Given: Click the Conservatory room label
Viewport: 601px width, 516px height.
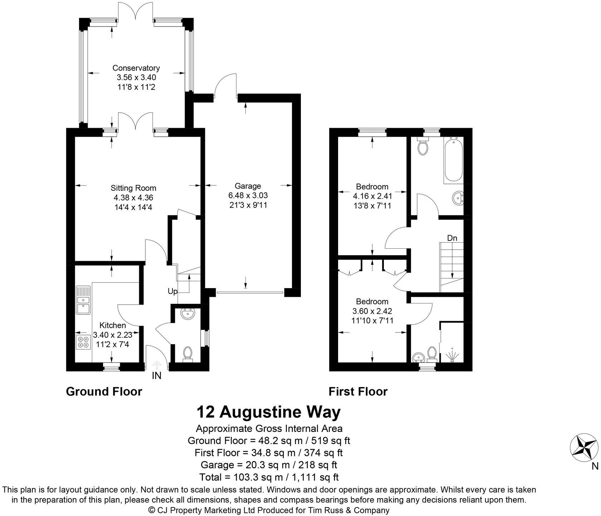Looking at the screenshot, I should tap(136, 68).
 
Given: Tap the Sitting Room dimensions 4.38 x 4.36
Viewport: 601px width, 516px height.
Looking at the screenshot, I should tap(133, 198).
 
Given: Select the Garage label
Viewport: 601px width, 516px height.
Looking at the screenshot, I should tap(248, 186).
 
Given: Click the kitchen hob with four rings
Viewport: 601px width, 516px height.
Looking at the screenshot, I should tap(83, 342).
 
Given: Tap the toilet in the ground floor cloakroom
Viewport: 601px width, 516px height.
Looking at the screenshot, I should tap(187, 353).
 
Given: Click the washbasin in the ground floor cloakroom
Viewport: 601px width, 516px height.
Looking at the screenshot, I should tap(187, 314).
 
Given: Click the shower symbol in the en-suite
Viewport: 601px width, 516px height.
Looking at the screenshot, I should tap(452, 354).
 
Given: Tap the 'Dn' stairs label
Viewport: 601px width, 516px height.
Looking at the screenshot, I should tap(452, 238).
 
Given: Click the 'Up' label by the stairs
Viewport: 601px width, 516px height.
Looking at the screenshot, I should tap(172, 292).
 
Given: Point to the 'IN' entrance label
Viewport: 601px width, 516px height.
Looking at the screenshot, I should tap(157, 376).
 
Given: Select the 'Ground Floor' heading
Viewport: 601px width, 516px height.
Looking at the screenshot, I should tap(104, 391).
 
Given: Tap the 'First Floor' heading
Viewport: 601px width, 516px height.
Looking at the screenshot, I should tap(358, 391).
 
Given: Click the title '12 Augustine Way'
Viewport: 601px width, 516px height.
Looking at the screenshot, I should tap(268, 412).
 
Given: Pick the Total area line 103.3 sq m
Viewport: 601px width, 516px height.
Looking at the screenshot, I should tap(268, 477).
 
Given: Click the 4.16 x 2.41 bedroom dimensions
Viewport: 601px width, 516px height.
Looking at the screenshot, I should tap(372, 196).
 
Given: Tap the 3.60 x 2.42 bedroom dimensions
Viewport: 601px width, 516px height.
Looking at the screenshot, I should tap(372, 311).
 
